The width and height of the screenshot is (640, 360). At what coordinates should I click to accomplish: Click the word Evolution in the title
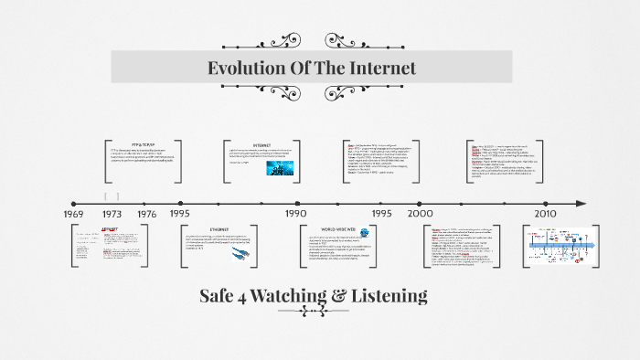click(x=241, y=69)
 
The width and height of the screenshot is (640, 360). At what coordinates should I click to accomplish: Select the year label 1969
click(x=74, y=213)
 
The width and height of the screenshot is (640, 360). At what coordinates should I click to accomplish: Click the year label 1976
click(x=146, y=213)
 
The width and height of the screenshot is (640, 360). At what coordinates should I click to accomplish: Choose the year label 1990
click(x=295, y=213)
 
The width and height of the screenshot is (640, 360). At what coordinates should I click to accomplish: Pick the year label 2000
click(x=421, y=213)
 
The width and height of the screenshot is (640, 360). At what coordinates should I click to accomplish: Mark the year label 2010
click(x=546, y=213)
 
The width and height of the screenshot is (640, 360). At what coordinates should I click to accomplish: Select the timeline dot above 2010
click(x=546, y=203)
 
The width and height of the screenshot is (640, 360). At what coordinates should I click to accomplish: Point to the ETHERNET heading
click(x=219, y=228)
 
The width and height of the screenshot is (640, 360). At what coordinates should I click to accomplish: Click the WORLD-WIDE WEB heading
click(x=336, y=229)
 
